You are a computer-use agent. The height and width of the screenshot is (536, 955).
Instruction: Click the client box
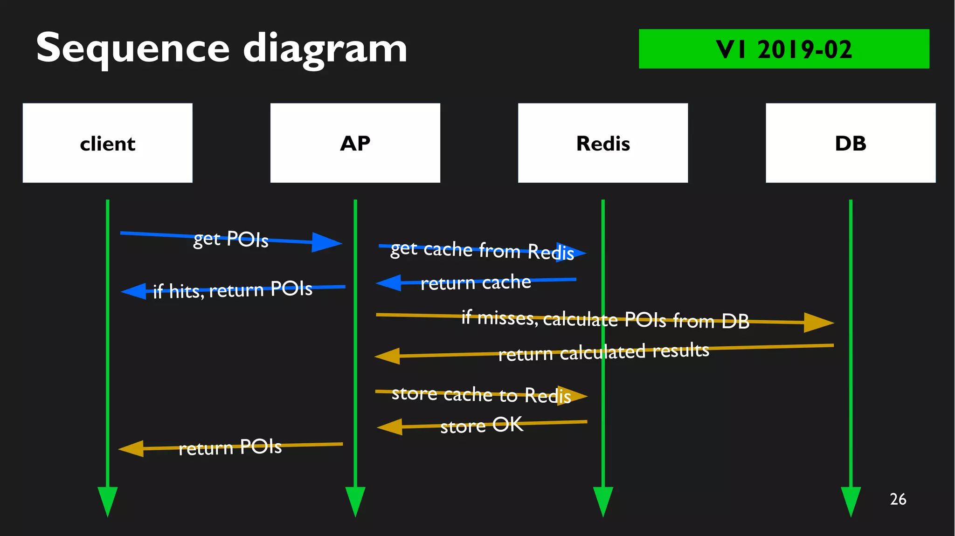pyautogui.click(x=107, y=143)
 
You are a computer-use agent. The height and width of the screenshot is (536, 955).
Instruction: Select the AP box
pyautogui.click(x=355, y=143)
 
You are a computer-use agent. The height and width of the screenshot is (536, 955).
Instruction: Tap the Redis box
pyautogui.click(x=602, y=143)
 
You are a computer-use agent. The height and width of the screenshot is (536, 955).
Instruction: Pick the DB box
pyautogui.click(x=850, y=143)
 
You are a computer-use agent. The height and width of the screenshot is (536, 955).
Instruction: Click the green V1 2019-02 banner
pyautogui.click(x=783, y=49)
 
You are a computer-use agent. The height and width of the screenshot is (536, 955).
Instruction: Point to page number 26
pyautogui.click(x=898, y=499)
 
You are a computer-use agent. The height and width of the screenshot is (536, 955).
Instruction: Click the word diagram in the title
pyautogui.click(x=325, y=49)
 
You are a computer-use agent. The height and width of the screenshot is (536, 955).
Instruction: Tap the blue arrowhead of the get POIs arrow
pyautogui.click(x=326, y=242)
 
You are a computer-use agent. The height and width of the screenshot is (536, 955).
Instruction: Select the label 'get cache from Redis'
pyautogui.click(x=482, y=250)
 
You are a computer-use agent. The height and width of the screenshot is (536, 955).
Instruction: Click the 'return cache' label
pyautogui.click(x=476, y=282)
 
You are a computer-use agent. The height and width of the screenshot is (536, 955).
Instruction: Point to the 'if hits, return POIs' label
pyautogui.click(x=232, y=290)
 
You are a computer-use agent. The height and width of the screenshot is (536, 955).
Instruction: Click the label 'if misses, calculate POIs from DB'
pyautogui.click(x=605, y=319)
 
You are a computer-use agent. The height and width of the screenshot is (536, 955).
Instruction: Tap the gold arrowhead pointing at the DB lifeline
pyautogui.click(x=818, y=322)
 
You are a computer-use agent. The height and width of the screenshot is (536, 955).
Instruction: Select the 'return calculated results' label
pyautogui.click(x=603, y=352)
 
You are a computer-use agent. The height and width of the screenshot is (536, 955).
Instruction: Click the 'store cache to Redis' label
pyautogui.click(x=481, y=395)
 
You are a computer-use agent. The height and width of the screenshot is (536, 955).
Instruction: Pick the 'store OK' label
pyautogui.click(x=481, y=425)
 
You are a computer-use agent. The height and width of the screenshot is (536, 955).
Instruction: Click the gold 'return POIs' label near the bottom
pyautogui.click(x=230, y=447)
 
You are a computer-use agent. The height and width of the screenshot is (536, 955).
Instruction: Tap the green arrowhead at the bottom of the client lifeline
pyautogui.click(x=107, y=501)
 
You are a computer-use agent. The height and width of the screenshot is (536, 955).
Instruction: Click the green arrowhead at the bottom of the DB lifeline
pyautogui.click(x=850, y=501)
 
